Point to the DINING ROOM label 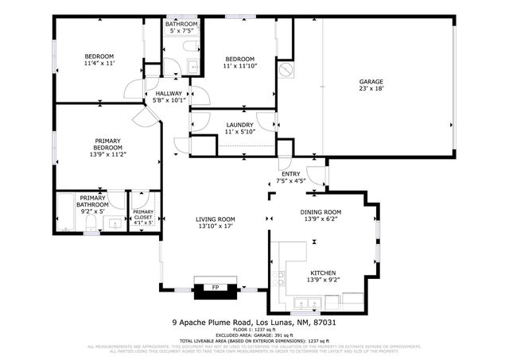click(x=321, y=211)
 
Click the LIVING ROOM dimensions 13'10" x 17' click(x=216, y=226)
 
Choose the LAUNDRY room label click(x=239, y=125)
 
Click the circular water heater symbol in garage click(x=286, y=71)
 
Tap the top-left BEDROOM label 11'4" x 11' click(x=100, y=63)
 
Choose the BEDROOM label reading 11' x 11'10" click(x=239, y=67)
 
